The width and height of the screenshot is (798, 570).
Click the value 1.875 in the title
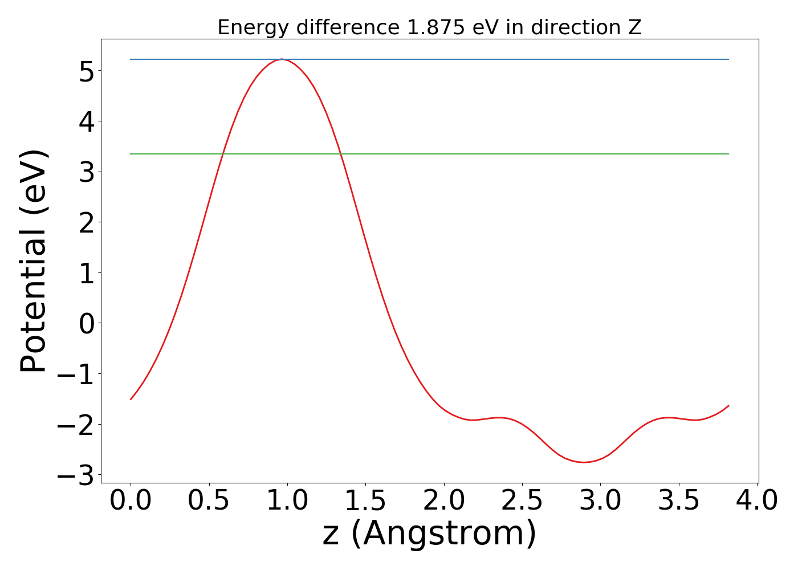pos(436,27)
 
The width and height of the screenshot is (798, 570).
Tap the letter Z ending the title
pos(635,27)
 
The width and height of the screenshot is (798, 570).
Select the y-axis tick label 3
pos(87,172)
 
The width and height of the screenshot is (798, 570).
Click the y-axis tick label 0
pos(87,323)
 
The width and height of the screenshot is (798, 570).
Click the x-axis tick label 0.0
pos(131,501)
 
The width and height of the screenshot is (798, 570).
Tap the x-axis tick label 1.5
pos(365,501)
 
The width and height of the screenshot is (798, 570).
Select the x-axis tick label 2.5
pos(522,501)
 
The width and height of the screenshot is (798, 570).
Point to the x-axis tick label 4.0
pos(756,501)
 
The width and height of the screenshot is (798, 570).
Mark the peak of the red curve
pos(282,59)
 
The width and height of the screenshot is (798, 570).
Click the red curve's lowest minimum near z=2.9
pos(584,462)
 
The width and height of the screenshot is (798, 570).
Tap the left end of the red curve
pos(131,399)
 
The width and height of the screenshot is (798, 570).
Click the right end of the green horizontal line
pos(728,154)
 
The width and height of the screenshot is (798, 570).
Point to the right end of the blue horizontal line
pos(728,59)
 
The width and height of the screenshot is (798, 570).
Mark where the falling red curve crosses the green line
pos(341,154)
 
